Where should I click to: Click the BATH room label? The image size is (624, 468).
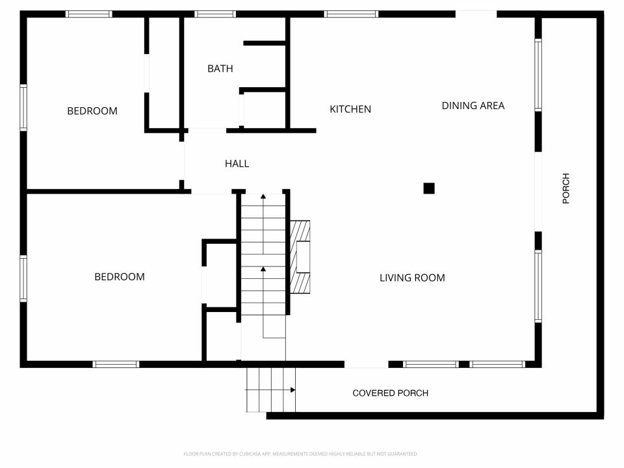[220, 68]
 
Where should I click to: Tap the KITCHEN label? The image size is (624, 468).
[350, 109]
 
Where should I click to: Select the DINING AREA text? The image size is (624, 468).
[473, 105]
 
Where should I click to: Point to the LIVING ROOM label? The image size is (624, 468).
[412, 278]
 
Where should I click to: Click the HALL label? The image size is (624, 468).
[237, 164]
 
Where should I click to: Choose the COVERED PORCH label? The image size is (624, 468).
[390, 393]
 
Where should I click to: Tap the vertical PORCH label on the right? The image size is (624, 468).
[565, 188]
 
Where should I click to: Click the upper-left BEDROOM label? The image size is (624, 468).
[92, 111]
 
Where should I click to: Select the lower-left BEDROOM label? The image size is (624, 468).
[120, 277]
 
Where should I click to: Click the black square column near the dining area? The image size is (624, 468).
[429, 188]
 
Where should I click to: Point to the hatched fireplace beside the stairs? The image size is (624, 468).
[300, 257]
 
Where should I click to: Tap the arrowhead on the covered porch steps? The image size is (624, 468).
[293, 390]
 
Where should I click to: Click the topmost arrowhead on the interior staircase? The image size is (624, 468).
[263, 195]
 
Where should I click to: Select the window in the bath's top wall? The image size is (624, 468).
[215, 14]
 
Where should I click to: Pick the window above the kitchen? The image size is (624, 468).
[351, 14]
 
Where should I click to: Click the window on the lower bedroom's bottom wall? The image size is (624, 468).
[116, 365]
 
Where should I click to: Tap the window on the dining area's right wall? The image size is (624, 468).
[538, 75]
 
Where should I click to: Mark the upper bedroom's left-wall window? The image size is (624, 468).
[23, 108]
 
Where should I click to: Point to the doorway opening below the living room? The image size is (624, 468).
[367, 365]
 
